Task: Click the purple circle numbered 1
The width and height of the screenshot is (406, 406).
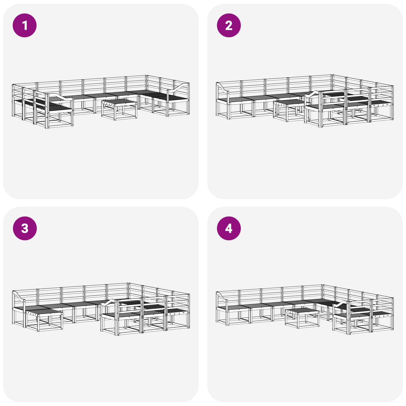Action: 25,25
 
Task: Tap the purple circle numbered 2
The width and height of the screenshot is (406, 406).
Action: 229,25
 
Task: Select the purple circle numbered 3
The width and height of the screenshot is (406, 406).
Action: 25,228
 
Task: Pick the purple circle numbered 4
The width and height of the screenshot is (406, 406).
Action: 229,228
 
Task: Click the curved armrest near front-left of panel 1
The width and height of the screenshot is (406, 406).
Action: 60,98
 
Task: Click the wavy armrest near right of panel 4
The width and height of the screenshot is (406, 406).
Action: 341,303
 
